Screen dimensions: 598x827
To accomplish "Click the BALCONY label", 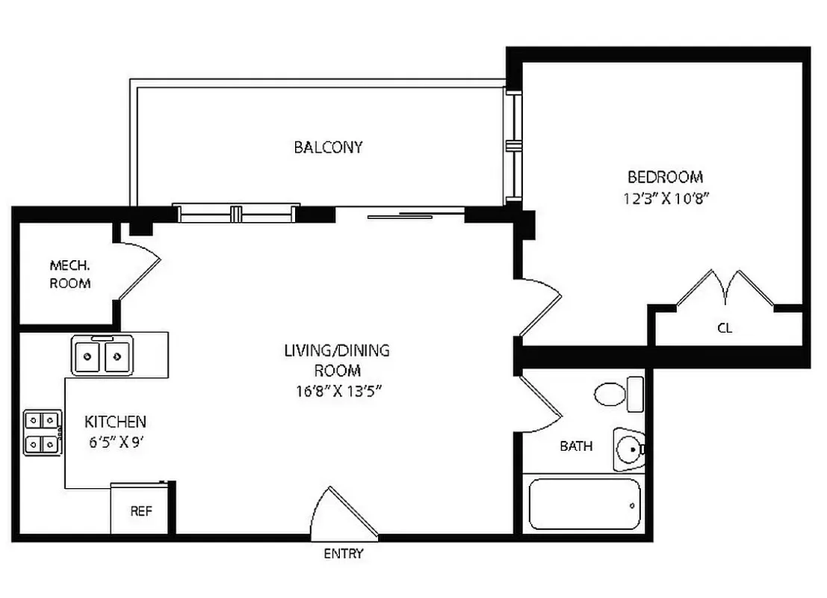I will click(328, 147).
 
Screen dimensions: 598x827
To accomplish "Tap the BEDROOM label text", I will click(665, 177).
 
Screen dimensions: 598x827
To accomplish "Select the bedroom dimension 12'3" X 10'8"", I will click(665, 199).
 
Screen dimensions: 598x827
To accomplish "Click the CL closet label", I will click(724, 328).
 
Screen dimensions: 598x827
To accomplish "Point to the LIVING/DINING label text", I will click(337, 350).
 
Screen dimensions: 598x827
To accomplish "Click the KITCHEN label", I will click(115, 422).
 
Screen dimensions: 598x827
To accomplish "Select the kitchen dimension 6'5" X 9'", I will click(115, 441).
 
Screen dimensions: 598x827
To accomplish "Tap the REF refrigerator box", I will click(141, 511).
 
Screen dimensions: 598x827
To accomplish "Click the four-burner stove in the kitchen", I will click(43, 434).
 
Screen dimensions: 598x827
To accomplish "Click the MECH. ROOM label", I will click(69, 274).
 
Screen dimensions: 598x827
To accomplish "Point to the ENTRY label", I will click(344, 554).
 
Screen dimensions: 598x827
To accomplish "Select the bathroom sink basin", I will click(629, 450).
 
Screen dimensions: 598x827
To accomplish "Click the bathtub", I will click(584, 504).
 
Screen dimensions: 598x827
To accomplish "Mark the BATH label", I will click(576, 446).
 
